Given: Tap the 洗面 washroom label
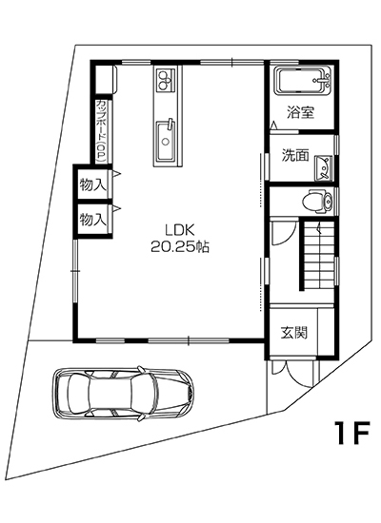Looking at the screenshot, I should click(293, 156).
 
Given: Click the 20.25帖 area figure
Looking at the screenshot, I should click(179, 245).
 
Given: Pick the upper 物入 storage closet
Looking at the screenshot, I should click(91, 182).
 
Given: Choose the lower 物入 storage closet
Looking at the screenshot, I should click(91, 219).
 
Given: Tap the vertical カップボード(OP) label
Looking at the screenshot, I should click(100, 128).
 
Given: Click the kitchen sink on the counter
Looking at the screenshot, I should click(166, 143).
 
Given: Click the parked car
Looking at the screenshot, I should click(124, 392).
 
